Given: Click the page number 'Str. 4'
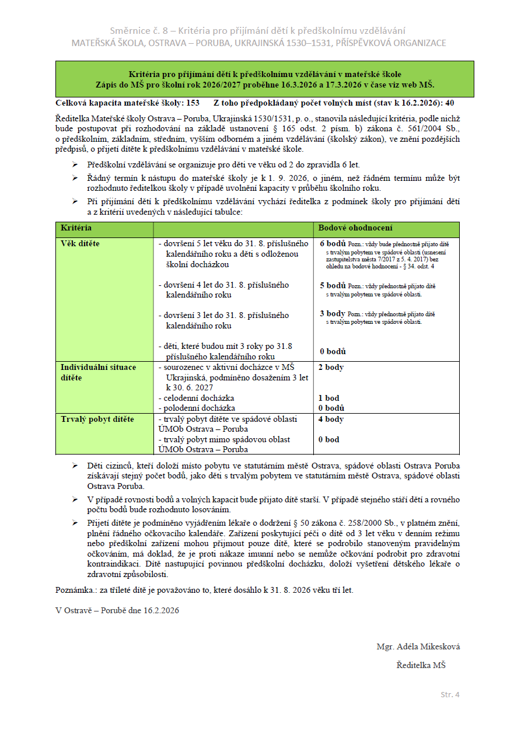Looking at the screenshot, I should click(450, 694).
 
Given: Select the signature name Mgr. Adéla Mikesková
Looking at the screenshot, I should click(418, 646).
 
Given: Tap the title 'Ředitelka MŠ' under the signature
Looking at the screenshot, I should click(421, 665).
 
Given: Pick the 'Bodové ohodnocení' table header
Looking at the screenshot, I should click(355, 228).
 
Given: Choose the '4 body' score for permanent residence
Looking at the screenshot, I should click(331, 419).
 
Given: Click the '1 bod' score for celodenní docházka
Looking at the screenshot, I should click(328, 398).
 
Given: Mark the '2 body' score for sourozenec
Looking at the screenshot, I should click(331, 367).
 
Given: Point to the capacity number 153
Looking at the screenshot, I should click(192, 103).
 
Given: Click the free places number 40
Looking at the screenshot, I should click(449, 103).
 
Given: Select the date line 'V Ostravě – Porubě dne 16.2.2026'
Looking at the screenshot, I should click(117, 610).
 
